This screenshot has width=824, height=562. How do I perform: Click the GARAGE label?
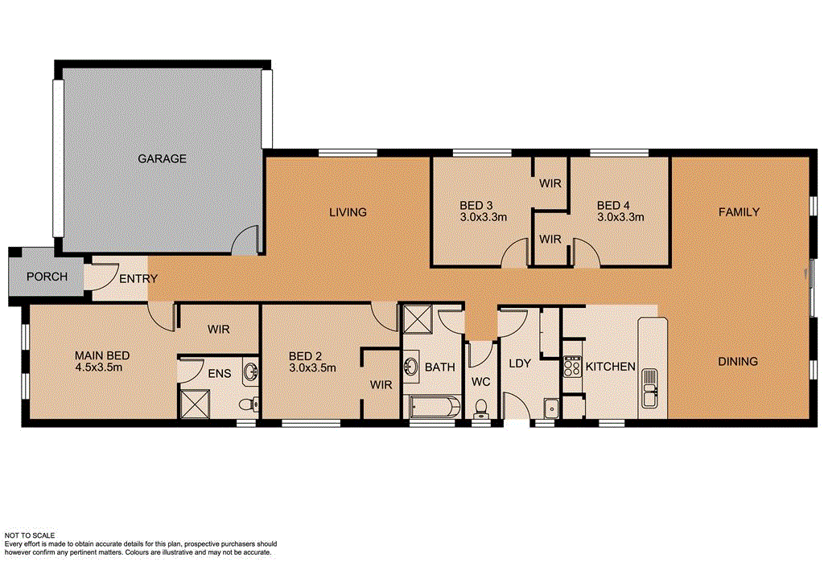[161, 159]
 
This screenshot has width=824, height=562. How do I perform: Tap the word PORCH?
[47, 277]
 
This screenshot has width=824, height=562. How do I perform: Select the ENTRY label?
[138, 279]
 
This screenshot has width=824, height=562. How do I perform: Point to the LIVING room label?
[348, 213]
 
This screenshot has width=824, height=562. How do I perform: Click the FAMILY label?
[739, 212]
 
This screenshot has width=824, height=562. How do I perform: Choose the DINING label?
[737, 362]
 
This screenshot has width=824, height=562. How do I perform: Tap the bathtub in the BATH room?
[435, 406]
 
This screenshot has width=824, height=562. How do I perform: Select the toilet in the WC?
[482, 407]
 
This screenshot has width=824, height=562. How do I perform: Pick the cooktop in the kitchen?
[572, 367]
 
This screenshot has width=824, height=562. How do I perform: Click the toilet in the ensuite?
[251, 403]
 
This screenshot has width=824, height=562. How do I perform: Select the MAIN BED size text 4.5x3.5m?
[102, 368]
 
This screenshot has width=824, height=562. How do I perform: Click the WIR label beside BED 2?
[381, 385]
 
